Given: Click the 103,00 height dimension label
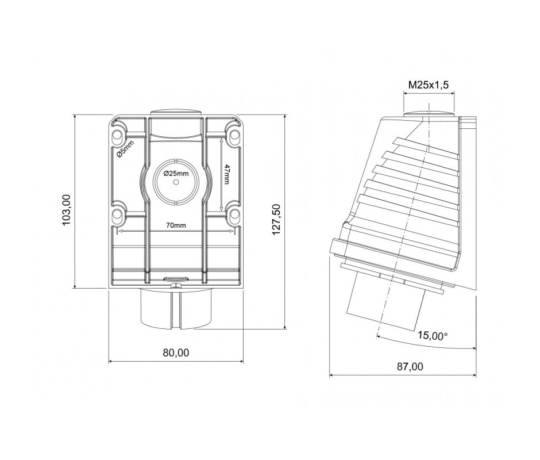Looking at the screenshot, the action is [66, 210].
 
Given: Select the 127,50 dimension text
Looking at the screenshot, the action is [276, 219].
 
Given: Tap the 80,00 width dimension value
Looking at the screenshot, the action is [176, 352].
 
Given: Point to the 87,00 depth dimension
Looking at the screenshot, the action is [410, 366].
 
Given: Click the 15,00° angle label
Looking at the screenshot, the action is [433, 335].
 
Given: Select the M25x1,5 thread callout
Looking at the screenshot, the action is [429, 85].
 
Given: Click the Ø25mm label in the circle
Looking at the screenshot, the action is [176, 174].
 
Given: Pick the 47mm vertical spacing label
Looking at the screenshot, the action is [226, 174].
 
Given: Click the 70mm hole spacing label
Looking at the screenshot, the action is [176, 225].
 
